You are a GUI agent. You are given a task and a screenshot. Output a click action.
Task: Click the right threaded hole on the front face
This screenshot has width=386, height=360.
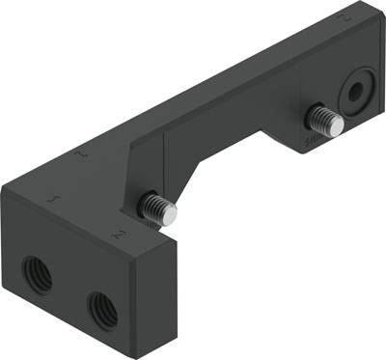[x=101, y=309]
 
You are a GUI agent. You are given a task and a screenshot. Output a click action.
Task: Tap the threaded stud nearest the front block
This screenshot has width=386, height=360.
[x=156, y=207]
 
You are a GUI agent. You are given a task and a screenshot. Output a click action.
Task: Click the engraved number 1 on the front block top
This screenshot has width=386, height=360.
[x=51, y=197]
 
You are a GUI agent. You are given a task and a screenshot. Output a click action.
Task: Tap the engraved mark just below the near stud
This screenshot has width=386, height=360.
[x=117, y=234]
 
